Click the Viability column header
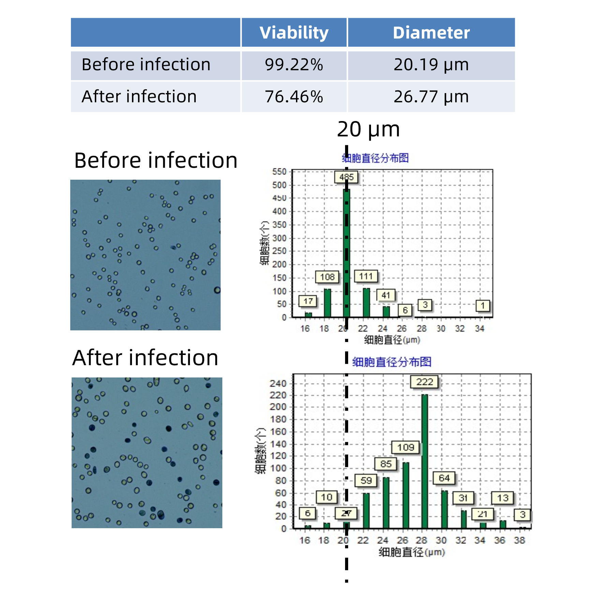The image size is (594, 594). click(x=294, y=33)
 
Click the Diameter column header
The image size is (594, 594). click(x=431, y=33)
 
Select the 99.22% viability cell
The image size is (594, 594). click(x=294, y=65)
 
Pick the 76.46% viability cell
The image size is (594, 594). click(x=294, y=96)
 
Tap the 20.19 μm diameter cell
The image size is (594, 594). click(x=431, y=65)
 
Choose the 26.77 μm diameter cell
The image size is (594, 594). click(x=431, y=96)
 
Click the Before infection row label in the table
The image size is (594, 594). click(x=146, y=65)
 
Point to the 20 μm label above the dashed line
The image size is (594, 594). click(x=368, y=130)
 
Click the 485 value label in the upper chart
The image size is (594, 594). click(x=346, y=177)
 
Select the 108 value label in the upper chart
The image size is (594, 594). click(x=327, y=277)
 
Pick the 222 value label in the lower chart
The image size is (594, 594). click(x=425, y=382)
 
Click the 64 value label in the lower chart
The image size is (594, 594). click(x=444, y=478)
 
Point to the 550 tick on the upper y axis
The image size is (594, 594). click(x=279, y=172)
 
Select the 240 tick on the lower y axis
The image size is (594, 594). click(x=278, y=384)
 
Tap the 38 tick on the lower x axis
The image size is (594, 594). click(x=520, y=540)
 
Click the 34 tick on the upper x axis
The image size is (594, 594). click(x=479, y=329)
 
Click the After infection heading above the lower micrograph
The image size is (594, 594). click(x=145, y=358)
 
